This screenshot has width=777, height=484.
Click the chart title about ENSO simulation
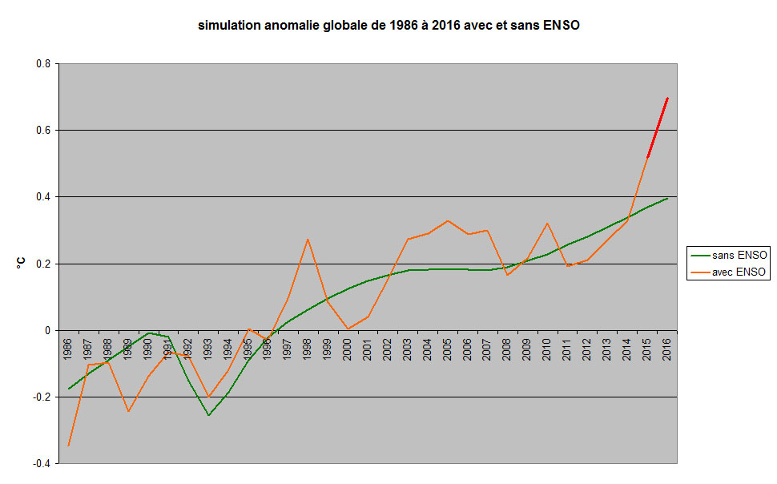click(x=388, y=26)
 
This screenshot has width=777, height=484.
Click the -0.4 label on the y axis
click(x=42, y=463)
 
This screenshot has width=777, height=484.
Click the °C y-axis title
click(x=22, y=262)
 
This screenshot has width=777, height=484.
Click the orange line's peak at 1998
click(x=308, y=239)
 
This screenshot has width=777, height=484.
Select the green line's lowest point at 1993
click(x=208, y=415)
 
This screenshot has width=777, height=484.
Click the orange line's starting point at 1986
click(x=68, y=446)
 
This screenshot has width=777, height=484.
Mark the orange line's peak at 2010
click(x=547, y=224)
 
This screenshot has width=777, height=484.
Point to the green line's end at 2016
click(x=667, y=198)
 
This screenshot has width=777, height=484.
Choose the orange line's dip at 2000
click(x=348, y=329)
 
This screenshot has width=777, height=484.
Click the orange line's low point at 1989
click(x=128, y=412)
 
